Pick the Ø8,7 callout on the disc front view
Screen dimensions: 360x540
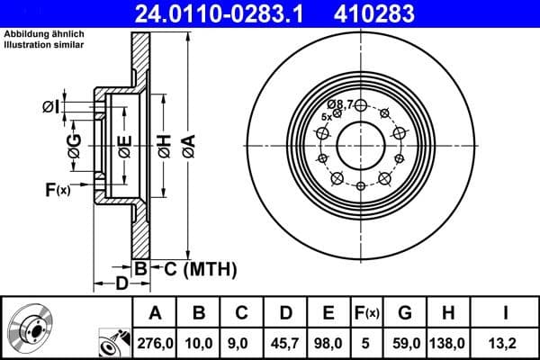point(340,104)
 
